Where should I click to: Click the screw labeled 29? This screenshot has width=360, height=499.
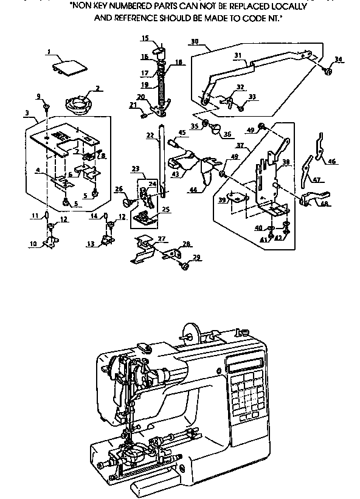182,265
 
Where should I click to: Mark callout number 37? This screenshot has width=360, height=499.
240,146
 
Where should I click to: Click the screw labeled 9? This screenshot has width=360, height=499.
46,107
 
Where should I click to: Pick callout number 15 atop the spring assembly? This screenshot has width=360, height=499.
144,38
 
